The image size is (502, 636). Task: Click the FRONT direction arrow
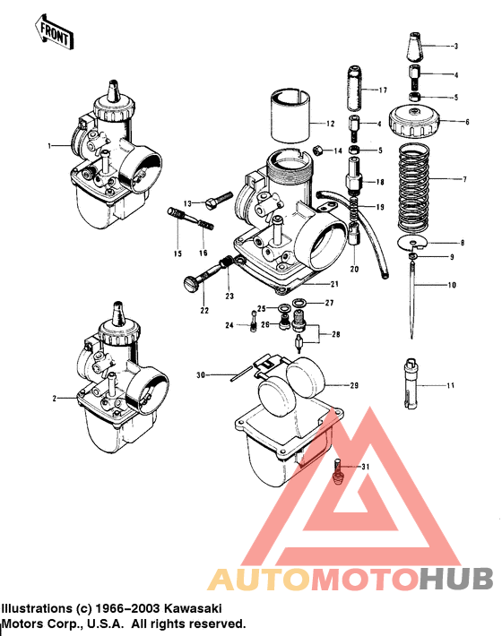[54, 32]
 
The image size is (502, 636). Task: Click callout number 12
[331, 124]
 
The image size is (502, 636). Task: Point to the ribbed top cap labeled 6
[414, 121]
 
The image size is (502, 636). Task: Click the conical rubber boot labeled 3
[416, 46]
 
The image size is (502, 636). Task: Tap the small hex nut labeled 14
[319, 151]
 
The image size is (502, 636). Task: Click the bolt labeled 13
[219, 201]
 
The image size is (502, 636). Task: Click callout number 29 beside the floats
[354, 385]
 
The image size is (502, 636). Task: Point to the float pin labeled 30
[242, 374]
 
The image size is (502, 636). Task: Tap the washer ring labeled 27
[299, 303]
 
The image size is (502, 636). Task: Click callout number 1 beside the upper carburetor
[49, 146]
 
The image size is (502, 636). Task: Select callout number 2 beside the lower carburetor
[55, 399]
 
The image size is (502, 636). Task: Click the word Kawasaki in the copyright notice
[193, 608]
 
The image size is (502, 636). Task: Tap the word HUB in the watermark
[456, 579]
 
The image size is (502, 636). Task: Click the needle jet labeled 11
[411, 382]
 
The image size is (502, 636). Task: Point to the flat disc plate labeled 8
[411, 242]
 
